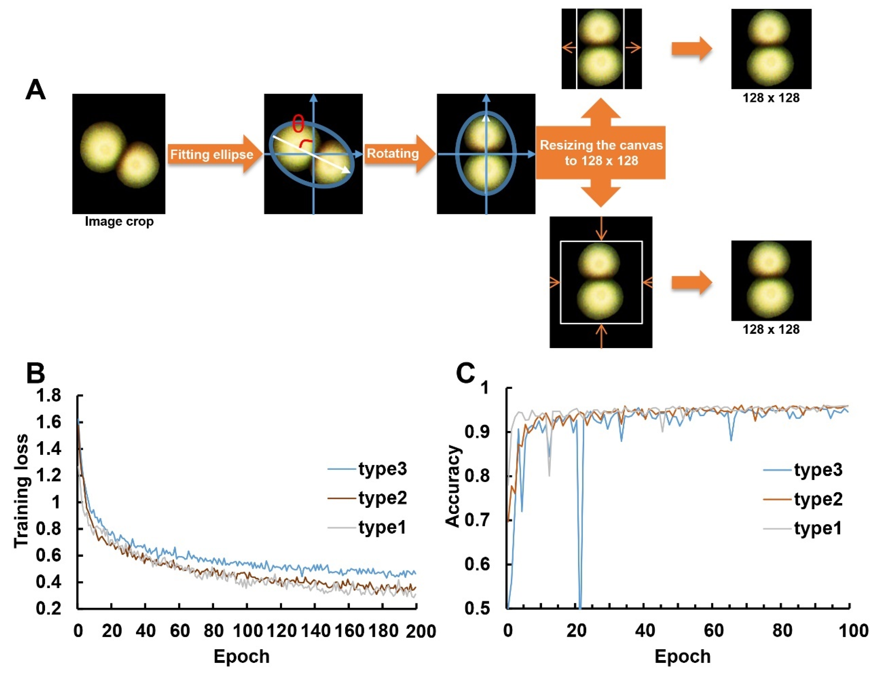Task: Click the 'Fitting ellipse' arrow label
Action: point(211,154)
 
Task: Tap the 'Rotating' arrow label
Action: point(393,153)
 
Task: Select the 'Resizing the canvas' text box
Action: point(601,153)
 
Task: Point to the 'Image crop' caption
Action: point(119,221)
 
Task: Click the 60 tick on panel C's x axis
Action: point(713,631)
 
